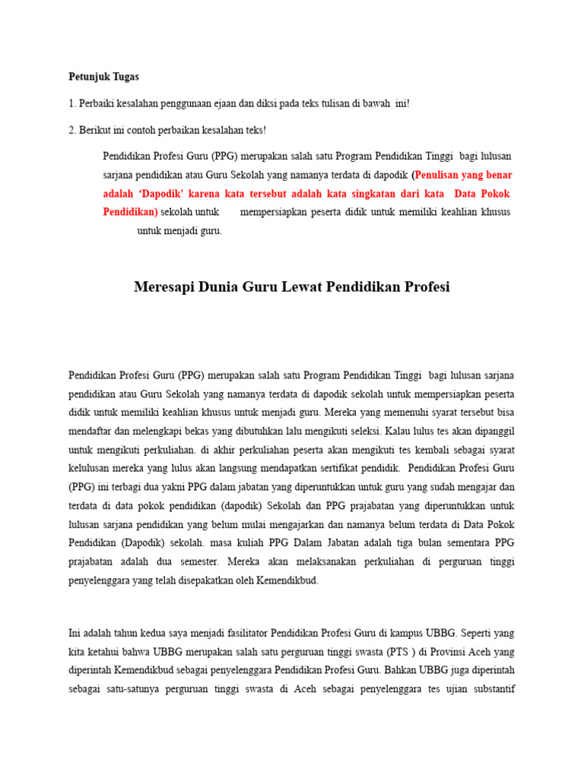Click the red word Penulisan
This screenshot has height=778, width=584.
coord(441,175)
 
